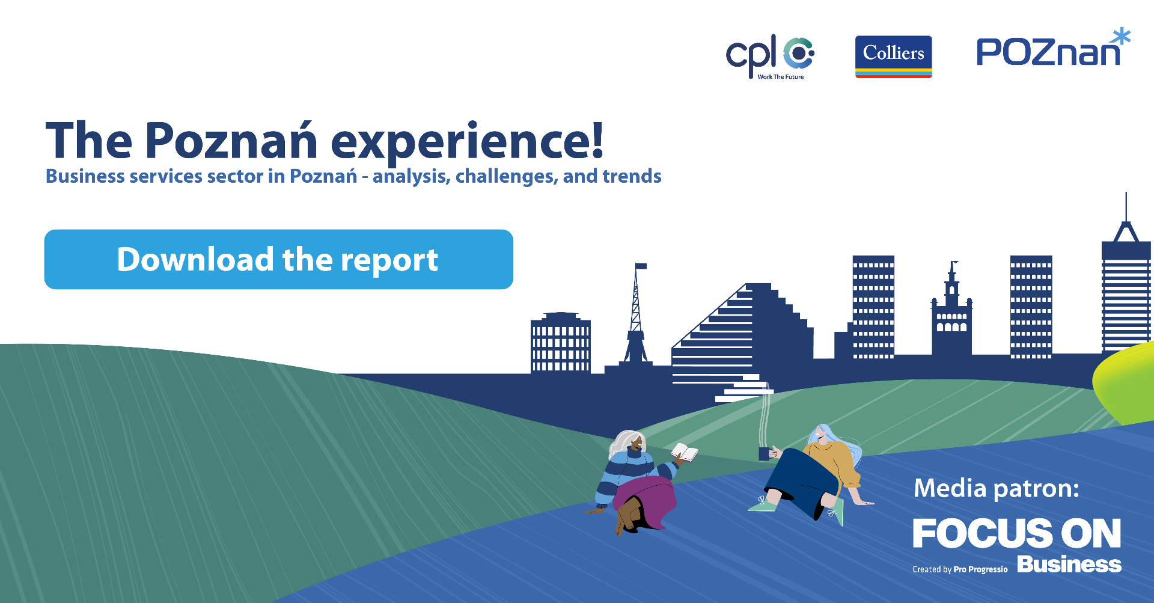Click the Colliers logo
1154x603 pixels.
(x=893, y=57)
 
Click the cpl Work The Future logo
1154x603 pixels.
(x=770, y=57)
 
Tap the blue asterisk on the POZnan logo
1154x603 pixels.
(x=1121, y=37)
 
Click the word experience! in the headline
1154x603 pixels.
(x=467, y=142)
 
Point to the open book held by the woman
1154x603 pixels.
(x=685, y=452)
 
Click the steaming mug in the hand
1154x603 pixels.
(x=764, y=453)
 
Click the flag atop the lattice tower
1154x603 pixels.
(x=641, y=266)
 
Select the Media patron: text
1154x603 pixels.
(x=997, y=488)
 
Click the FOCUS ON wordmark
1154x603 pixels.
(x=1017, y=533)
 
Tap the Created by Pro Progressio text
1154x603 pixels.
(x=960, y=569)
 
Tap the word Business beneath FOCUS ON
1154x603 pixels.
(x=1069, y=565)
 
